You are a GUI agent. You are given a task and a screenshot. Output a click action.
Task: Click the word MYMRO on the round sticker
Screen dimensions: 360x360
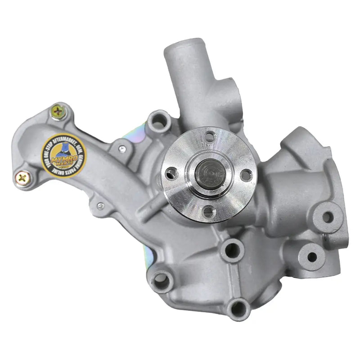pyautogui.click(x=65, y=154)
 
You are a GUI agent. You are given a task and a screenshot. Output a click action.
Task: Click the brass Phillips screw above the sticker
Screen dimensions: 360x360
pyautogui.click(x=58, y=111)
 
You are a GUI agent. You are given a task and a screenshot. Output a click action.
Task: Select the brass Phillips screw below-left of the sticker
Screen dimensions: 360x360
pyautogui.click(x=21, y=177)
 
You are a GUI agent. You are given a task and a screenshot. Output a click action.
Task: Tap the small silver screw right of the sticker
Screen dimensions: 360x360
pyautogui.click(x=121, y=147)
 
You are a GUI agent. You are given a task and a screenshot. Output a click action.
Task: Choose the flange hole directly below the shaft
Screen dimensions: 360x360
pyautogui.click(x=207, y=211)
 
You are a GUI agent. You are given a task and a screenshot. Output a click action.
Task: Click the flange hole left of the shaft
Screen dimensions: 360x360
pyautogui.click(x=171, y=172)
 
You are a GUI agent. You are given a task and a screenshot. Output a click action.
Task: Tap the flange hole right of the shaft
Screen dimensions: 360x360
pyautogui.click(x=245, y=175)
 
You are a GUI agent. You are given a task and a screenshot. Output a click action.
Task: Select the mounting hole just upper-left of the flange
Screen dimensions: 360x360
pyautogui.click(x=159, y=121)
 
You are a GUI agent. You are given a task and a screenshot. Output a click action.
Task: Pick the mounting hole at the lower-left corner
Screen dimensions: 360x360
pyautogui.click(x=162, y=282)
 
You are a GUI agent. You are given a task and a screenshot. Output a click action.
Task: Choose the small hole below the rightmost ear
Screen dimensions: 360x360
pyautogui.click(x=311, y=257)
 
